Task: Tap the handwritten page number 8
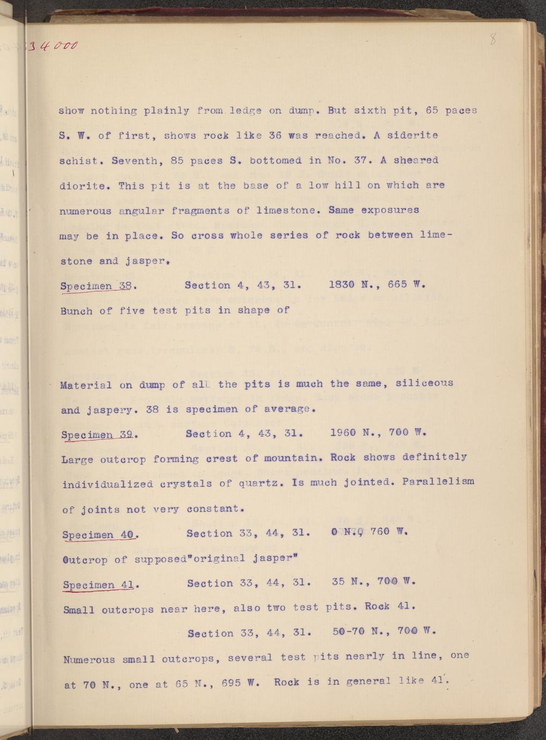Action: pos(493,40)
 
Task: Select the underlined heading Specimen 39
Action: pos(98,434)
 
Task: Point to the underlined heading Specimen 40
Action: pos(100,535)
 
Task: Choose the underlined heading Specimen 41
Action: pos(99,584)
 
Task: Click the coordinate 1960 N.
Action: pos(349,432)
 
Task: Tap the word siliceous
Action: pos(424,383)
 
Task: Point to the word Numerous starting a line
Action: pos(87,659)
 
